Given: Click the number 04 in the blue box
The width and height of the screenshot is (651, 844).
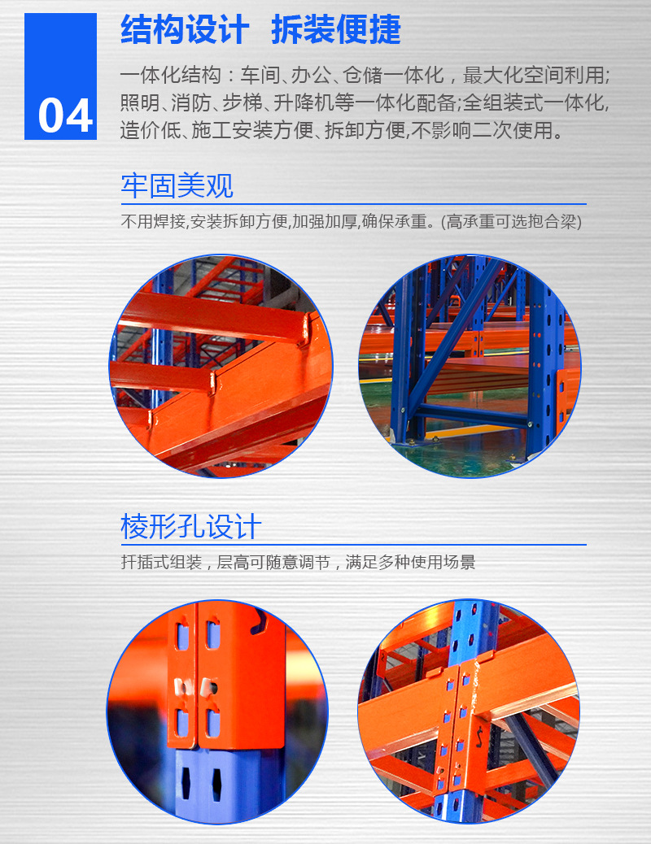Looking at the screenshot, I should pos(66,116).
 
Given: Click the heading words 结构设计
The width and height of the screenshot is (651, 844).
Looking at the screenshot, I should pos(185,31).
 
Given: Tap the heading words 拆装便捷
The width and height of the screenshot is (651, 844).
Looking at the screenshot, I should pos(336,31).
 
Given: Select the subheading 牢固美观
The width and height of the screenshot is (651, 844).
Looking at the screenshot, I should pos(177,185).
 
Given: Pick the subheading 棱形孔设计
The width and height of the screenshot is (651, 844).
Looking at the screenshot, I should pos(190,526).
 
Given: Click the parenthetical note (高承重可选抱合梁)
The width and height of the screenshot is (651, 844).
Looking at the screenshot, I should pos(512,221).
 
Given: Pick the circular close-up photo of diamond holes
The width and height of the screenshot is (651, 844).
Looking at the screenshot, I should pos(217,711).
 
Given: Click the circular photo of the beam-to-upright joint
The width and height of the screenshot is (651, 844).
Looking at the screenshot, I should pos(470,711).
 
